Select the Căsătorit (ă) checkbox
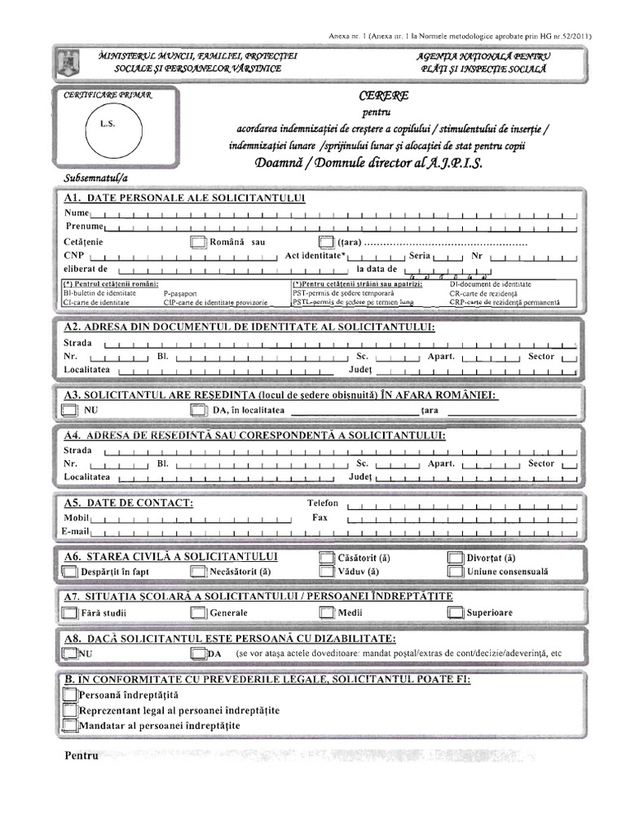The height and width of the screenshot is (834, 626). tap(326, 559)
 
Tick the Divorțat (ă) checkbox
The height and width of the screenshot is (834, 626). tap(455, 559)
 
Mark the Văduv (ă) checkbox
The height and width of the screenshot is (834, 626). tap(326, 572)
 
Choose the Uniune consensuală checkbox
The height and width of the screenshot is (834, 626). tap(455, 572)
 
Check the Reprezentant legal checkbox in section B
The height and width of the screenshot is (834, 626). tap(70, 710)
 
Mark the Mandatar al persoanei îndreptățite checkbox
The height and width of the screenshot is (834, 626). tap(70, 725)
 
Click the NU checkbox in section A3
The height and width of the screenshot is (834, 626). tap(70, 410)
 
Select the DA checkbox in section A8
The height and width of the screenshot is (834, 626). tap(198, 653)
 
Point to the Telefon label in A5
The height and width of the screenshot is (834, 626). tap(323, 503)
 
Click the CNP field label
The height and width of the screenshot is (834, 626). tap(74, 255)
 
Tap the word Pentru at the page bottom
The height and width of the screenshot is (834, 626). tap(82, 756)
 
